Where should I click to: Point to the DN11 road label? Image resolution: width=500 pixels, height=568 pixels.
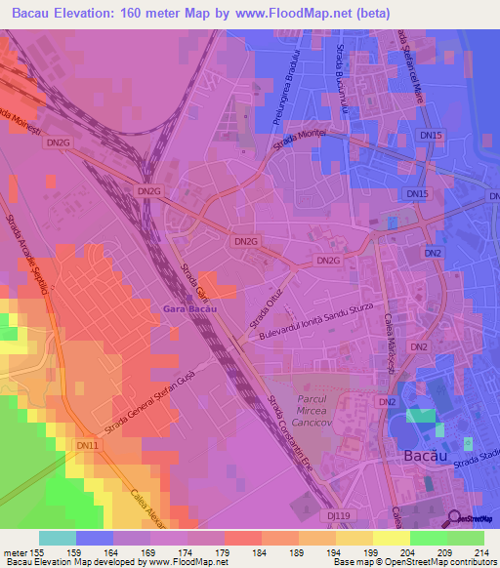pos(88,446)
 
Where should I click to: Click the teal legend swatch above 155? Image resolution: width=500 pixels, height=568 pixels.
pos(58,538)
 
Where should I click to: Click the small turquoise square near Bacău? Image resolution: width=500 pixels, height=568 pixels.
pos(421,415)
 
